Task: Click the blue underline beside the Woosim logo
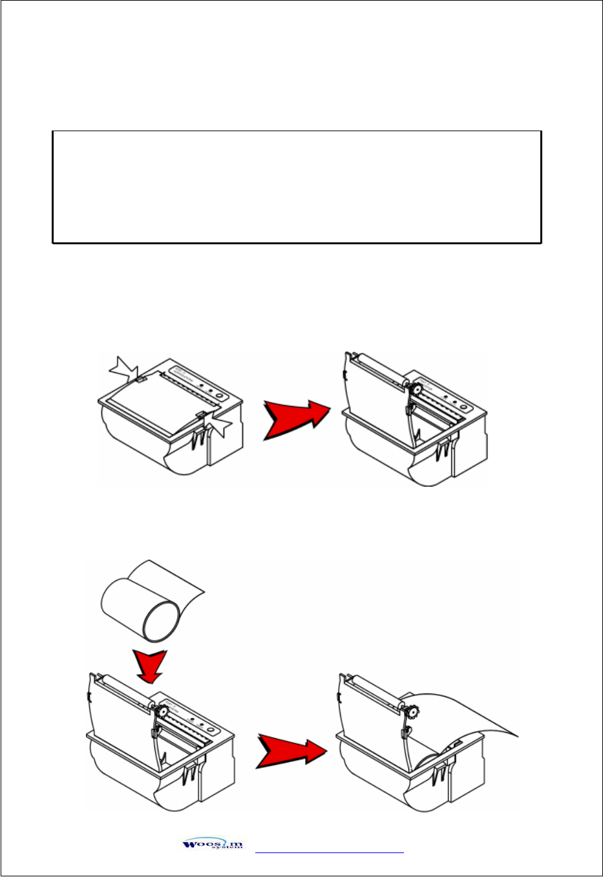pos(330,853)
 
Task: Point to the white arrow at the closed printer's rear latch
pos(123,369)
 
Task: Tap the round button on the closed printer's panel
pos(220,396)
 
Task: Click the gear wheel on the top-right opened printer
pos(417,389)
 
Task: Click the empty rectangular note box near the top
pos(296,187)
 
